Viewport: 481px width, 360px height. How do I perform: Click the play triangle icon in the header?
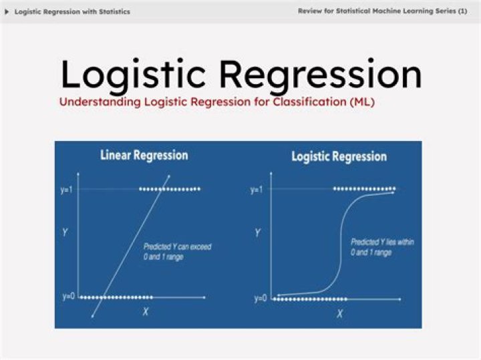[x=7, y=12]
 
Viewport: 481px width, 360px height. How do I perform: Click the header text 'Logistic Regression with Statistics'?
[x=72, y=12]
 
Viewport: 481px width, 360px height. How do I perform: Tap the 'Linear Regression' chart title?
[x=144, y=156]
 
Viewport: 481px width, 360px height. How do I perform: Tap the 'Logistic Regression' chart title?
[x=339, y=157]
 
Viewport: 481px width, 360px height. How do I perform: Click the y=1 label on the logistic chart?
[x=257, y=190]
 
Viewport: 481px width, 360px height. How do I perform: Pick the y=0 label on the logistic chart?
[x=261, y=299]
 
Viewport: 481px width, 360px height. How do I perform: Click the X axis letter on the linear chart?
[x=146, y=312]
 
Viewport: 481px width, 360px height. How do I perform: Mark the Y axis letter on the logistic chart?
[x=258, y=233]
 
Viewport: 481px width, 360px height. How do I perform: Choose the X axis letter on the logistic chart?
[x=339, y=313]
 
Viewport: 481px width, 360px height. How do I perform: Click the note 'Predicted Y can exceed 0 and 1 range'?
[x=177, y=252]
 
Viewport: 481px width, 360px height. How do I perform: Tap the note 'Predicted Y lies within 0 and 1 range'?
[x=382, y=247]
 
